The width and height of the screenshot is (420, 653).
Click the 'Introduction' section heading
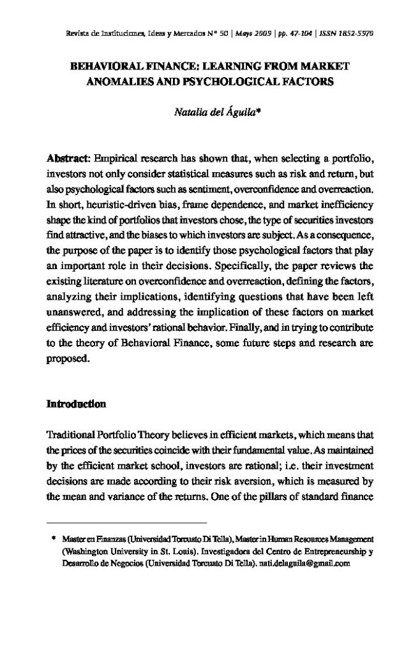(76, 404)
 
